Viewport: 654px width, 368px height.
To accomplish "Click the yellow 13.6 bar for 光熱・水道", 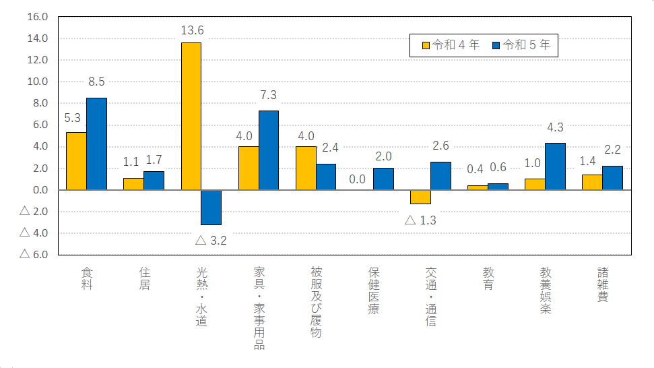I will tap(191, 116).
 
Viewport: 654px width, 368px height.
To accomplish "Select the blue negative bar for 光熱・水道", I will tap(211, 207).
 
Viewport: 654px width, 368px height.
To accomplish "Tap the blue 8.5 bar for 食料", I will tap(96, 144).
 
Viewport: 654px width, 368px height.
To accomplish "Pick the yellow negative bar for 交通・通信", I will tap(420, 197).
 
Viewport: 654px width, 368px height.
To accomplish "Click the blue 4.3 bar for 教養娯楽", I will tap(555, 166).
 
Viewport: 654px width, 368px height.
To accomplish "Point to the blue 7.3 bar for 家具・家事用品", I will tap(268, 150).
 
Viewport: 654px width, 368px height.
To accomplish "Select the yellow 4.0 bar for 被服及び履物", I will tap(306, 168).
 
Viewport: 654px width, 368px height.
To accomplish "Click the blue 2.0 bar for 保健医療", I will tap(383, 179).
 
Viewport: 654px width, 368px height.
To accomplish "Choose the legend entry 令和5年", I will tap(522, 45).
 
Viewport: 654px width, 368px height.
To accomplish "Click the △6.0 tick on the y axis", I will tap(34, 255).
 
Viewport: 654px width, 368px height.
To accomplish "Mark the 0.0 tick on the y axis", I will tap(38, 190).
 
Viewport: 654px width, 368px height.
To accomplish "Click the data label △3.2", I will tap(211, 240).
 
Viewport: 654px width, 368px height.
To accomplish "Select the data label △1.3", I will tap(420, 220).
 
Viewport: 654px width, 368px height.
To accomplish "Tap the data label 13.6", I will tap(192, 30).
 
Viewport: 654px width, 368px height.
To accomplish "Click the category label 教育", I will tap(488, 278).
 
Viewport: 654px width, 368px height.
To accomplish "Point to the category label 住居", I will tap(144, 278).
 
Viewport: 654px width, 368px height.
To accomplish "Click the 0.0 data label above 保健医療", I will tap(357, 179).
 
